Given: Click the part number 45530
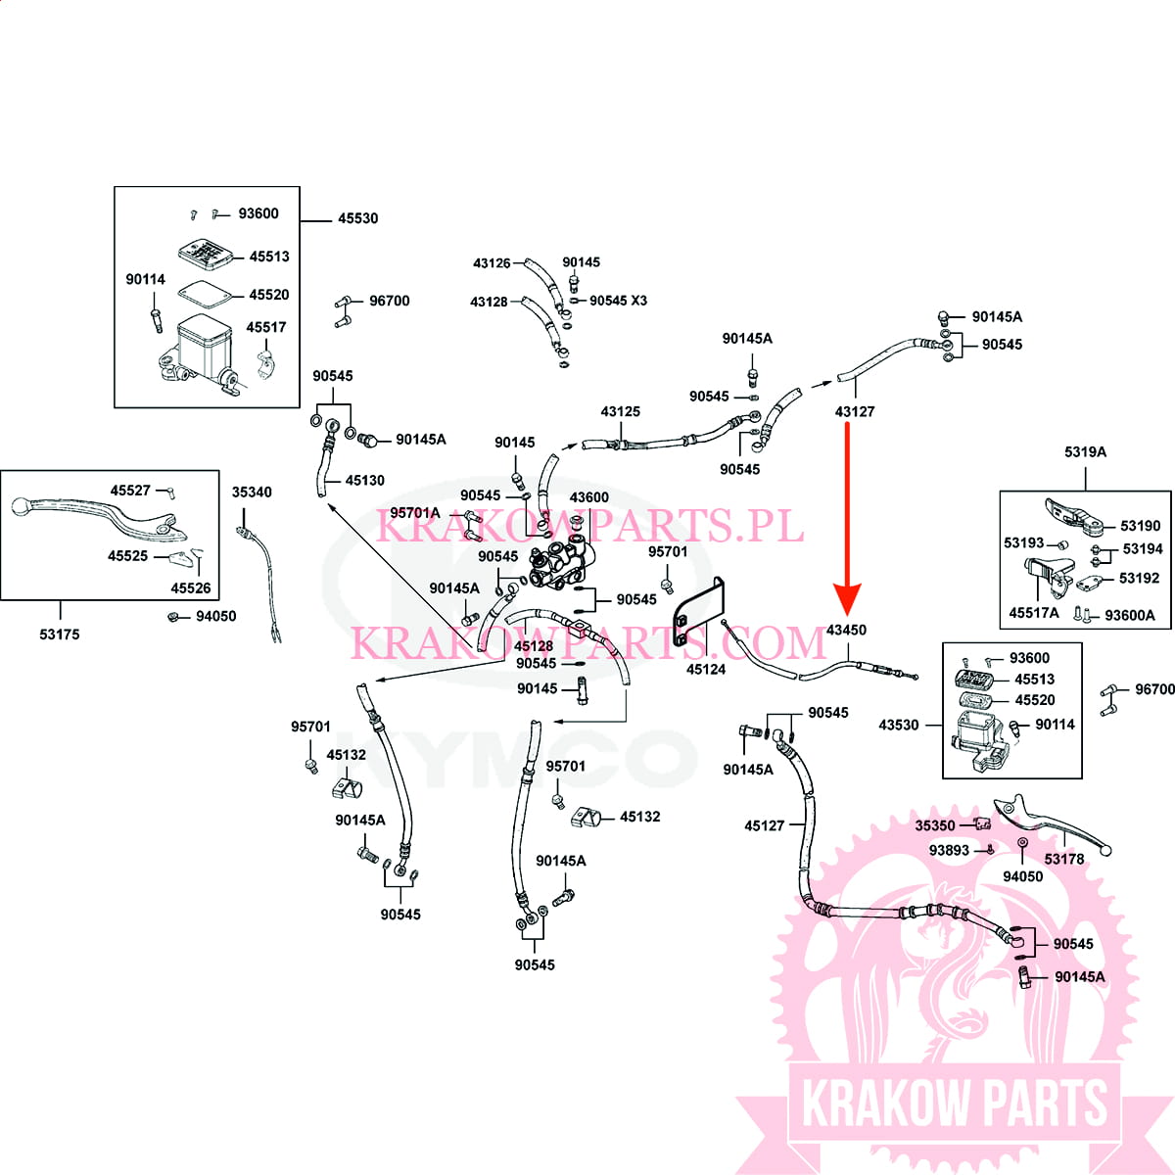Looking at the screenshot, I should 357,218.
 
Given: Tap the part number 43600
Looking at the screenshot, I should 588,497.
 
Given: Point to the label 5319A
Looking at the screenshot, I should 1085,452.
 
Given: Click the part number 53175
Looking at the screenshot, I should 60,634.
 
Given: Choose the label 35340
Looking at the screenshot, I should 252,493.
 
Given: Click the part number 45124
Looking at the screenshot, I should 706,670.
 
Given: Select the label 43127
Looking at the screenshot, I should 855,411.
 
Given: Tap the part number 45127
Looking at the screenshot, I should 764,825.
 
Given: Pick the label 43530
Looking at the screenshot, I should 899,725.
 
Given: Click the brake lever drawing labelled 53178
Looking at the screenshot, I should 1053,822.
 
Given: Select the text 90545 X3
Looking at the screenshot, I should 618,301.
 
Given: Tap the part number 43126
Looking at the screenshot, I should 492,263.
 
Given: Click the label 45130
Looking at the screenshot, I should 364,481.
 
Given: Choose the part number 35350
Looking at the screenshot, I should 935,825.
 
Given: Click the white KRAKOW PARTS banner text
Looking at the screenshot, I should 955,1104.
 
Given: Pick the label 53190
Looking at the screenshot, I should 1140,526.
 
